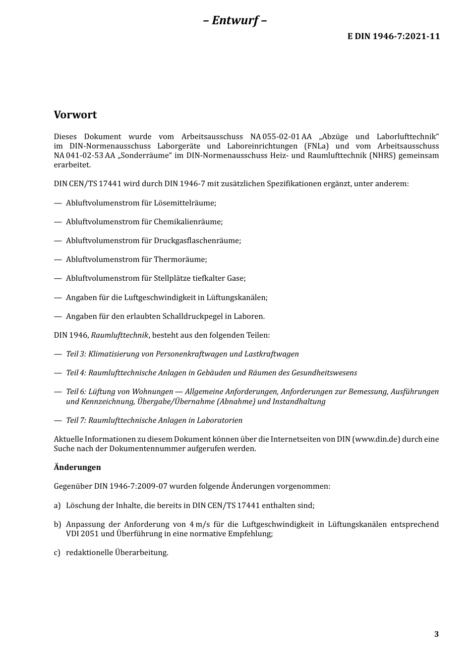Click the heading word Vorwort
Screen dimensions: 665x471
(75, 115)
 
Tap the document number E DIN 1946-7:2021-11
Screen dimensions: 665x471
(393, 36)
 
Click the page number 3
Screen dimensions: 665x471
(436, 634)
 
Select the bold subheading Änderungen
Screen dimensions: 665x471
(77, 467)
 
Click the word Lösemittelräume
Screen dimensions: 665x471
(185, 203)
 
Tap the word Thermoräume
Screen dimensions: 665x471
(180, 259)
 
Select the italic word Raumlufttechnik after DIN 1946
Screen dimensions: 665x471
(119, 335)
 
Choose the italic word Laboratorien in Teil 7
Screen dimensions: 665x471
(220, 420)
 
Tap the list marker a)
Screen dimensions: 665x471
(57, 506)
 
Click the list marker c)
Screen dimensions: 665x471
(57, 553)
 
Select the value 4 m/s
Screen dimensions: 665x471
(199, 524)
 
